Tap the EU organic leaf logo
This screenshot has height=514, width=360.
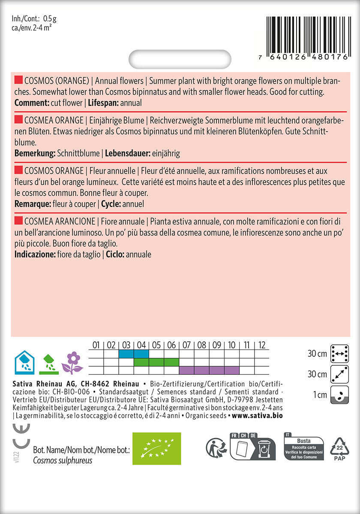[x=156, y=448]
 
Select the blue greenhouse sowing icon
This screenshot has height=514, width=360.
[x=24, y=362]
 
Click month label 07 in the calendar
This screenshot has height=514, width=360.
[x=186, y=345]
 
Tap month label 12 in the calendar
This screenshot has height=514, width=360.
[x=262, y=345]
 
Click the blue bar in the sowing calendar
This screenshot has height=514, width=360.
[x=133, y=354]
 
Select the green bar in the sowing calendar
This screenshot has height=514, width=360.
[x=156, y=362]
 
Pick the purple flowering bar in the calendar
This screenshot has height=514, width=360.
[x=209, y=371]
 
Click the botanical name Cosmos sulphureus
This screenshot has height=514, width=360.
[x=63, y=460]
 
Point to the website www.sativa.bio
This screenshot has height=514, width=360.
[x=257, y=415]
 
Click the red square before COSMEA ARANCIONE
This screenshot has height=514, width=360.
[x=18, y=220]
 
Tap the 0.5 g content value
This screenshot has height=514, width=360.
[x=51, y=19]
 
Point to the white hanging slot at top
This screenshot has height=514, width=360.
[x=180, y=59]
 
